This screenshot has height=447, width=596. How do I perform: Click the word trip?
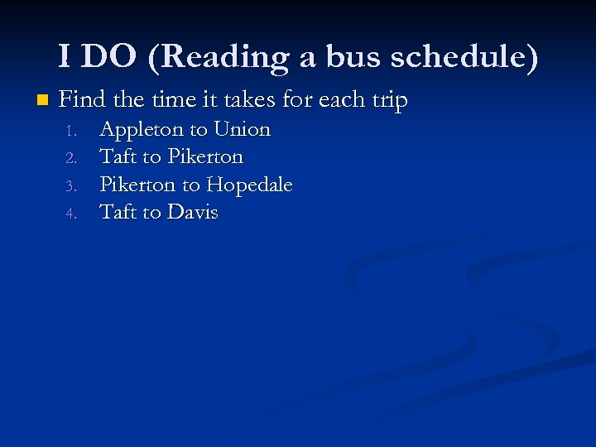pyautogui.click(x=388, y=100)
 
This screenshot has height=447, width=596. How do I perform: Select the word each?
pyautogui.click(x=335, y=100)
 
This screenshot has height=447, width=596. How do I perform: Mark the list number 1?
pyautogui.click(x=72, y=131)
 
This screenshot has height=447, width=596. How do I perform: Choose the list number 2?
pyautogui.click(x=72, y=158)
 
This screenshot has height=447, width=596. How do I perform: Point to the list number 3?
pyautogui.click(x=72, y=185)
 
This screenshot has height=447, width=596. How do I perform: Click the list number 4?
pyautogui.click(x=72, y=214)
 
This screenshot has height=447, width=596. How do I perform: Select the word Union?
pyautogui.click(x=242, y=129)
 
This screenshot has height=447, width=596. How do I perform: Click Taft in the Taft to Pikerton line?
pyautogui.click(x=118, y=156)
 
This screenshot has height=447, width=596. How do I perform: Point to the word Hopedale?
pyautogui.click(x=249, y=185)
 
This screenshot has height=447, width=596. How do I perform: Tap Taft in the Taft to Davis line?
pyautogui.click(x=118, y=212)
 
